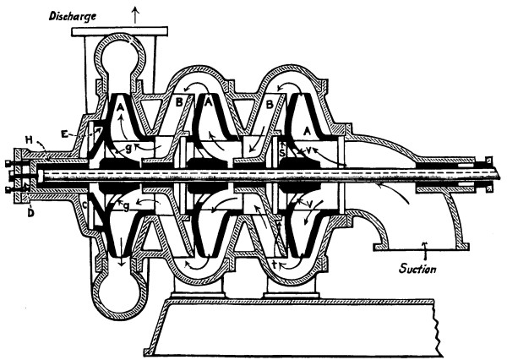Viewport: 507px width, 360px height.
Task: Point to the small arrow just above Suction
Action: [x=424, y=246]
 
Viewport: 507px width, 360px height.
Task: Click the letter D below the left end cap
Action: [x=30, y=203]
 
